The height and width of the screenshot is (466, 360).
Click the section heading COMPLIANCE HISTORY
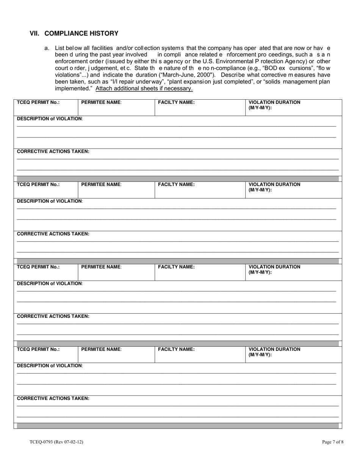tap(81, 33)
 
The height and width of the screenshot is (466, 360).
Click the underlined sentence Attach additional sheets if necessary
tap(144, 89)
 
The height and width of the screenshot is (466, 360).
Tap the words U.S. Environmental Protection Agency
tap(250, 61)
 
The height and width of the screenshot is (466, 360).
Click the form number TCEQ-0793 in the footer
tap(56, 442)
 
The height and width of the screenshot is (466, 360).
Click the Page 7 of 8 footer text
tap(333, 442)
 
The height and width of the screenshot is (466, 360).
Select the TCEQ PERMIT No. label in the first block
tap(38, 102)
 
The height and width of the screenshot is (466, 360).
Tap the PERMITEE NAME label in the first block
tap(102, 102)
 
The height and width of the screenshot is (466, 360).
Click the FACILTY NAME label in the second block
tap(176, 185)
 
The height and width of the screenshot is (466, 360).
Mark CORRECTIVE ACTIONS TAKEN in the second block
tap(53, 234)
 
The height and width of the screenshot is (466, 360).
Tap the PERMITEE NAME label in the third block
tap(102, 267)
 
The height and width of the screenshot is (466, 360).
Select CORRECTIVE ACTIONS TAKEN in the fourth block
tap(53, 399)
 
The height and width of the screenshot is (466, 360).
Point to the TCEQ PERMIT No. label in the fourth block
tap(38, 349)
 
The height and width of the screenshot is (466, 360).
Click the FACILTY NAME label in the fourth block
tap(176, 349)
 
